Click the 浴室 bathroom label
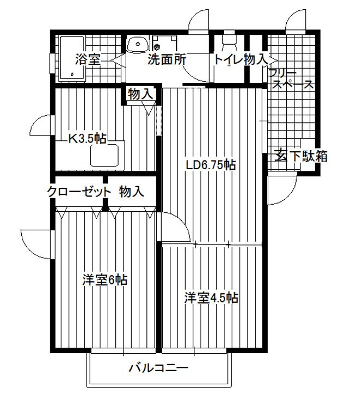coord(88,59)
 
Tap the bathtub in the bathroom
coord(72,59)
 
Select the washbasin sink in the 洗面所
coord(138,45)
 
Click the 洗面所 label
coord(167,59)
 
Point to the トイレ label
coord(228,59)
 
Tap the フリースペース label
coord(291,79)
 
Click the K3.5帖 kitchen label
coord(87,138)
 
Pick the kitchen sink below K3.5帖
coord(104,155)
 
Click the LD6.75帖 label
coord(210,165)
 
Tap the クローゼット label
coord(79,192)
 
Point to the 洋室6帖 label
coord(105,280)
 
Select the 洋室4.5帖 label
coord(211,298)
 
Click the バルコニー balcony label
coord(158,368)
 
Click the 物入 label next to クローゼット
coord(132,192)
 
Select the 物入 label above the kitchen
coord(140,94)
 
